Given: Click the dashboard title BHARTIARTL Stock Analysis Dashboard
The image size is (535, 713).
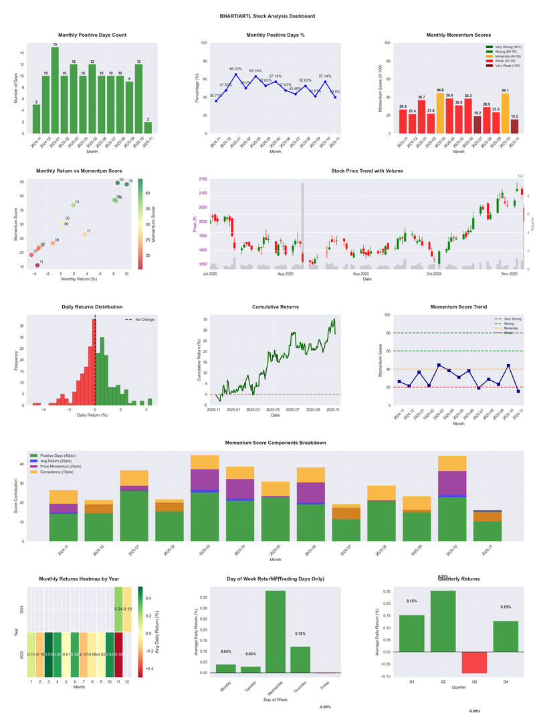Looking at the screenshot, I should tap(267, 16).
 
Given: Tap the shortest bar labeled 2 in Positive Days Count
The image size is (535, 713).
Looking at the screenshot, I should tap(148, 127).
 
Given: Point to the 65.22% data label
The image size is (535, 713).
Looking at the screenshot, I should tap(235, 69).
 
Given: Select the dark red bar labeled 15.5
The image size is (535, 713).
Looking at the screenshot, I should tap(514, 126).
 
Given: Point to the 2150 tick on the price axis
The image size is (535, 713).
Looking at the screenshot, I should tap(201, 179).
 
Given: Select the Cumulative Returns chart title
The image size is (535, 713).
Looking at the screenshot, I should tap(276, 307).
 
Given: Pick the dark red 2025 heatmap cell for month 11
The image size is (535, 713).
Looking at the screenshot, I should tap(118, 654).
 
